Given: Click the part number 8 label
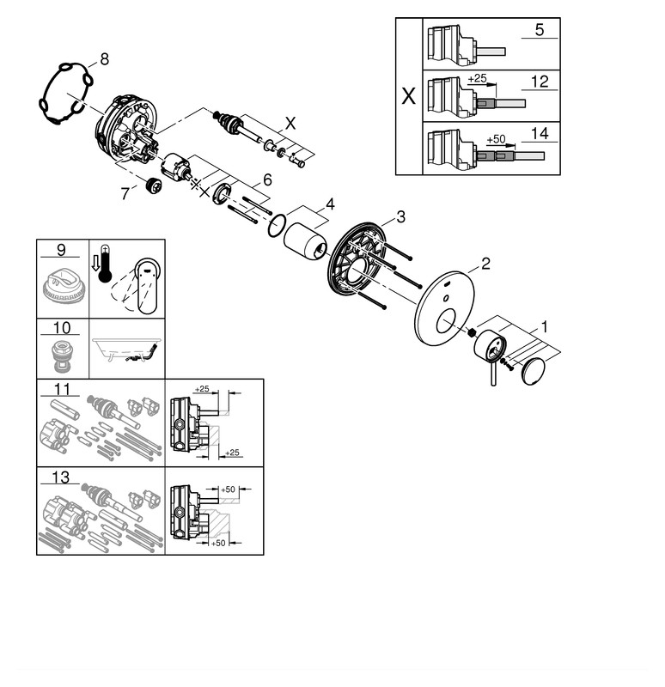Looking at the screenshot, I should click(104, 58).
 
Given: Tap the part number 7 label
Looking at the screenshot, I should click(125, 195).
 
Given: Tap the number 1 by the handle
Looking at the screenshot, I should click(543, 326).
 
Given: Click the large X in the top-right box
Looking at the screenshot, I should click(409, 95).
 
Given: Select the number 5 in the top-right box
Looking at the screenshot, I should click(539, 30).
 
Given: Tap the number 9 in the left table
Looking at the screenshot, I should click(62, 250).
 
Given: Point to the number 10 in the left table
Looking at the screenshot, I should click(62, 329).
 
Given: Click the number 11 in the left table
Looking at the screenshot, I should click(62, 389).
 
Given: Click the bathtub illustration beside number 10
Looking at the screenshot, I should click(125, 350).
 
